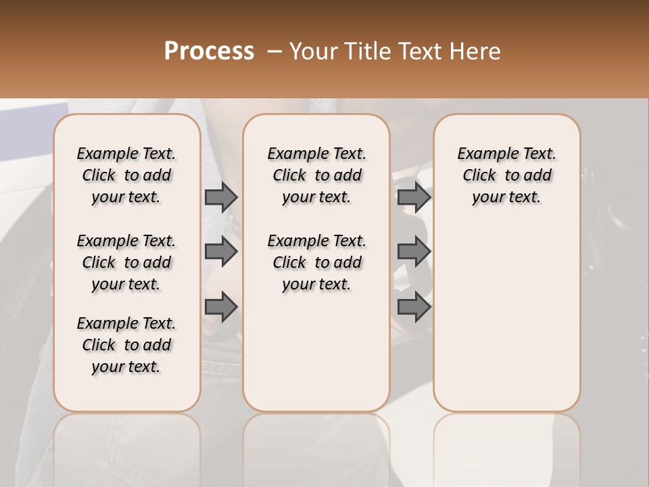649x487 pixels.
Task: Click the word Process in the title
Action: pos(209,51)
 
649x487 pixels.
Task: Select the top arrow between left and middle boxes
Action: pos(221,198)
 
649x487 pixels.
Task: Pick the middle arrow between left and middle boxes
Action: pos(221,252)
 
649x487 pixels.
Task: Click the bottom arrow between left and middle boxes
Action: pos(221,307)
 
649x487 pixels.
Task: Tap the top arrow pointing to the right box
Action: pos(414,198)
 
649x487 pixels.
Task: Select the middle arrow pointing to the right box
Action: pos(414,252)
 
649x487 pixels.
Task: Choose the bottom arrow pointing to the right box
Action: pos(414,307)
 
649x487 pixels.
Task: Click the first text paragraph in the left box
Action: pos(126,175)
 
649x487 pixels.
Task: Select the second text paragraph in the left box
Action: pos(126,262)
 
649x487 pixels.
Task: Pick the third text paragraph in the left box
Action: pos(126,345)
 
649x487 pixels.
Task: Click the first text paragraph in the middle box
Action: pos(316,175)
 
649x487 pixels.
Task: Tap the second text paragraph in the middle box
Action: pos(316,262)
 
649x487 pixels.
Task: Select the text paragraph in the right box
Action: pos(506,175)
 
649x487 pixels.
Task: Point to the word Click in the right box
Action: pos(479,176)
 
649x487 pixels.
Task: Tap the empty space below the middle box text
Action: pos(316,352)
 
